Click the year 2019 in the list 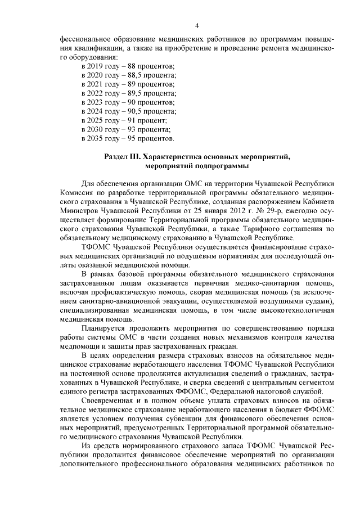(98, 66)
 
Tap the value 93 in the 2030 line (133, 129)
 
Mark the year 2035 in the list (98, 138)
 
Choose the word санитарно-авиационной (100, 301)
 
